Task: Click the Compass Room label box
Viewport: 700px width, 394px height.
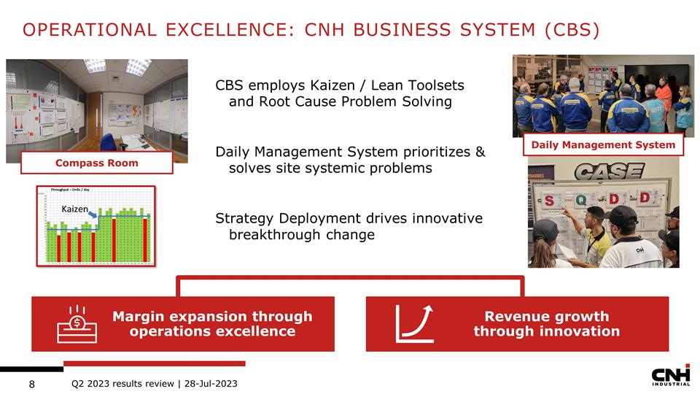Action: (x=96, y=163)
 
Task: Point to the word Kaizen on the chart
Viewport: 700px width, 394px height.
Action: (x=74, y=209)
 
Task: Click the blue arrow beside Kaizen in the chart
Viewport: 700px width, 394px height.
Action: (x=93, y=215)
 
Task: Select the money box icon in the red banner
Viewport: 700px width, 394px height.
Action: (x=77, y=324)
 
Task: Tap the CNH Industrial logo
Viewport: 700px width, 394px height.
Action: (x=670, y=374)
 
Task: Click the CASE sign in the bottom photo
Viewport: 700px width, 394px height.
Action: (x=608, y=172)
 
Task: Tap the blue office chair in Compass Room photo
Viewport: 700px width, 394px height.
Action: (x=109, y=142)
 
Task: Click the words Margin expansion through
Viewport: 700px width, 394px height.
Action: (x=212, y=316)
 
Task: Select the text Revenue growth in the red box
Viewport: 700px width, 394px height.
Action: (x=546, y=316)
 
